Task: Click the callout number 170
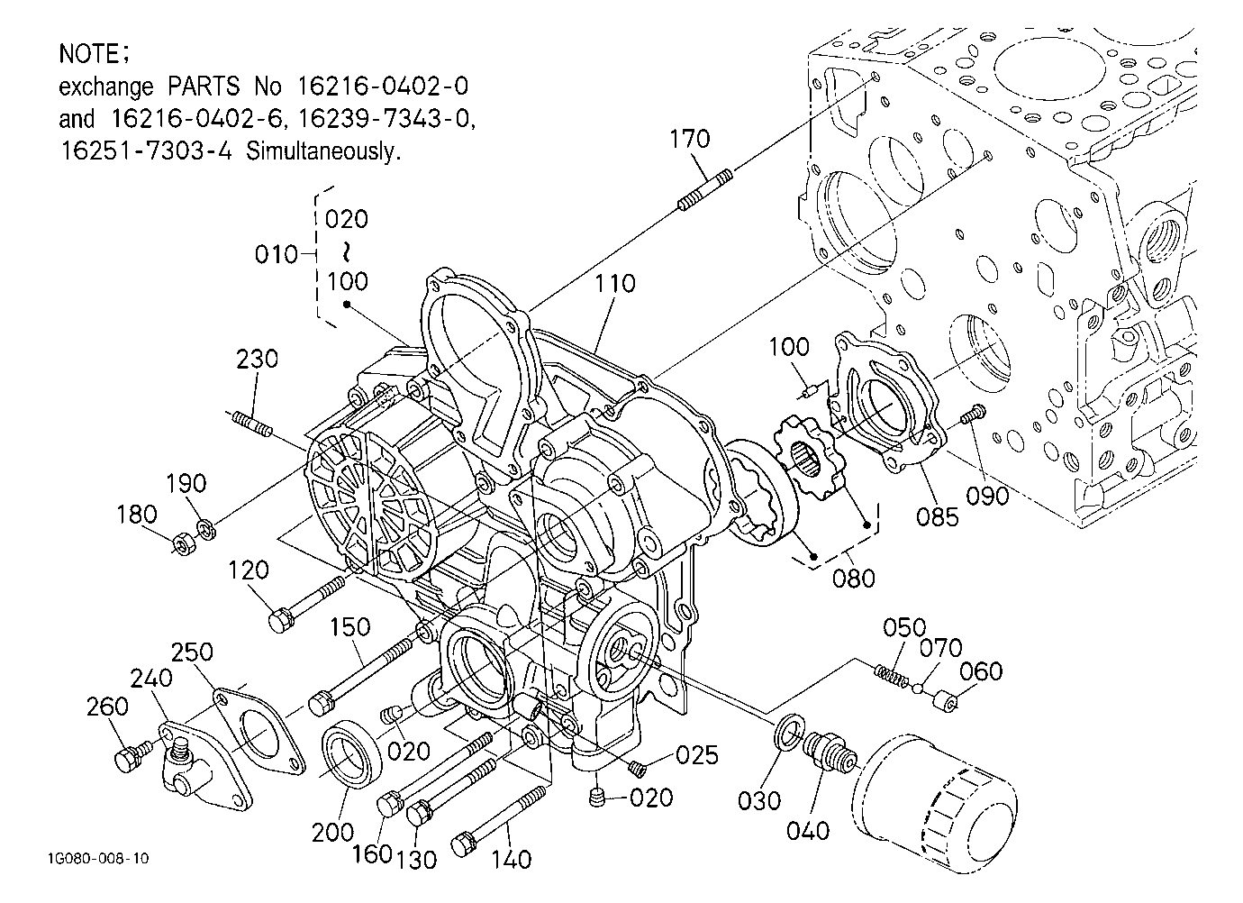(690, 139)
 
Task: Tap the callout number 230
(257, 360)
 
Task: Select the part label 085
(938, 517)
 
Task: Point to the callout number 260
(108, 707)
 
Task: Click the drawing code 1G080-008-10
(98, 859)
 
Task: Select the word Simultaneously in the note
(322, 151)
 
